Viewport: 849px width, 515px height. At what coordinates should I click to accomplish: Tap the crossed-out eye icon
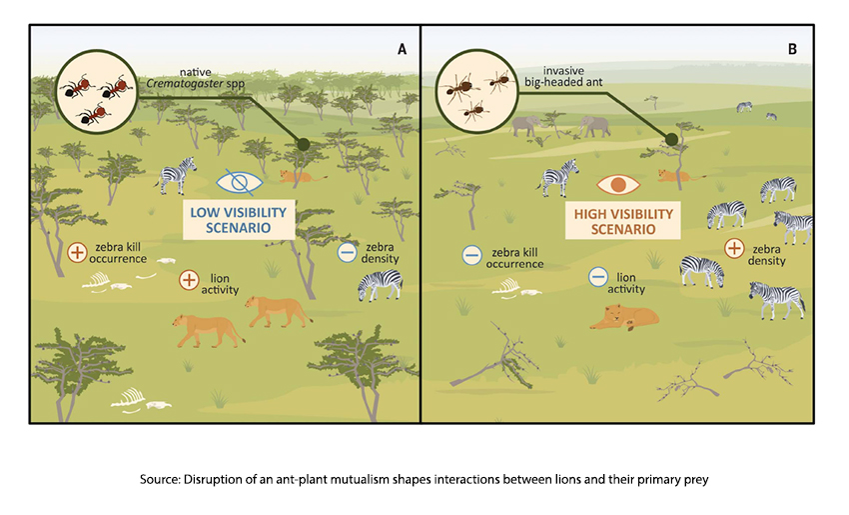pos(239,184)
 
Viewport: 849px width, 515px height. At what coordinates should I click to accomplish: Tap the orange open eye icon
pos(619,185)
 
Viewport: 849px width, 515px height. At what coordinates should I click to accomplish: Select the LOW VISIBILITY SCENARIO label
pos(239,220)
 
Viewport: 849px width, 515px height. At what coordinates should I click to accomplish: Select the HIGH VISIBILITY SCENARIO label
pos(619,221)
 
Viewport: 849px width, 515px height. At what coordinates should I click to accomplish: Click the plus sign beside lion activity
pos(188,279)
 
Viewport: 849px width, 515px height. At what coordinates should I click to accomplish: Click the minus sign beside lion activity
pos(598,277)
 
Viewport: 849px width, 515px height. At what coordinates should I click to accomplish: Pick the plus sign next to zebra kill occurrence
pos(77,254)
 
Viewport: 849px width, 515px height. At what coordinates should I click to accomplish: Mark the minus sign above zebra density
pos(348,251)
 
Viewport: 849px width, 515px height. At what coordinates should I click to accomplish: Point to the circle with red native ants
pos(94,91)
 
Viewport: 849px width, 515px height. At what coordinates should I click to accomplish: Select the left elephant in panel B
pos(527,126)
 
